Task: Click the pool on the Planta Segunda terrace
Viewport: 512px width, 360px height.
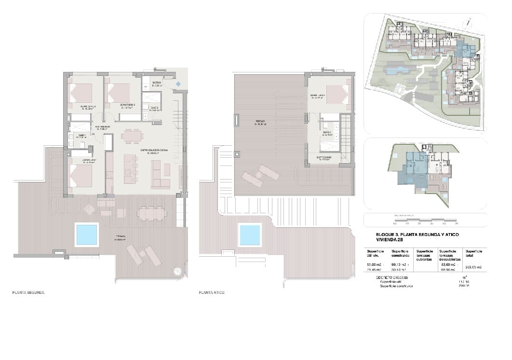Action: point(87,235)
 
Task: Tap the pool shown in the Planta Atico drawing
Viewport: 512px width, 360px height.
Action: point(250,235)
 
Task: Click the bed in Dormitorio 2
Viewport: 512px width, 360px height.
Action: point(119,93)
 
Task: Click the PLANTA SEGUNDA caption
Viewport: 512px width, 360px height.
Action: point(28,293)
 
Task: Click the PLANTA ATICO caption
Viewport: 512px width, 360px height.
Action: point(212,293)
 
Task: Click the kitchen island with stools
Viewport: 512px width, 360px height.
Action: point(130,168)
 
